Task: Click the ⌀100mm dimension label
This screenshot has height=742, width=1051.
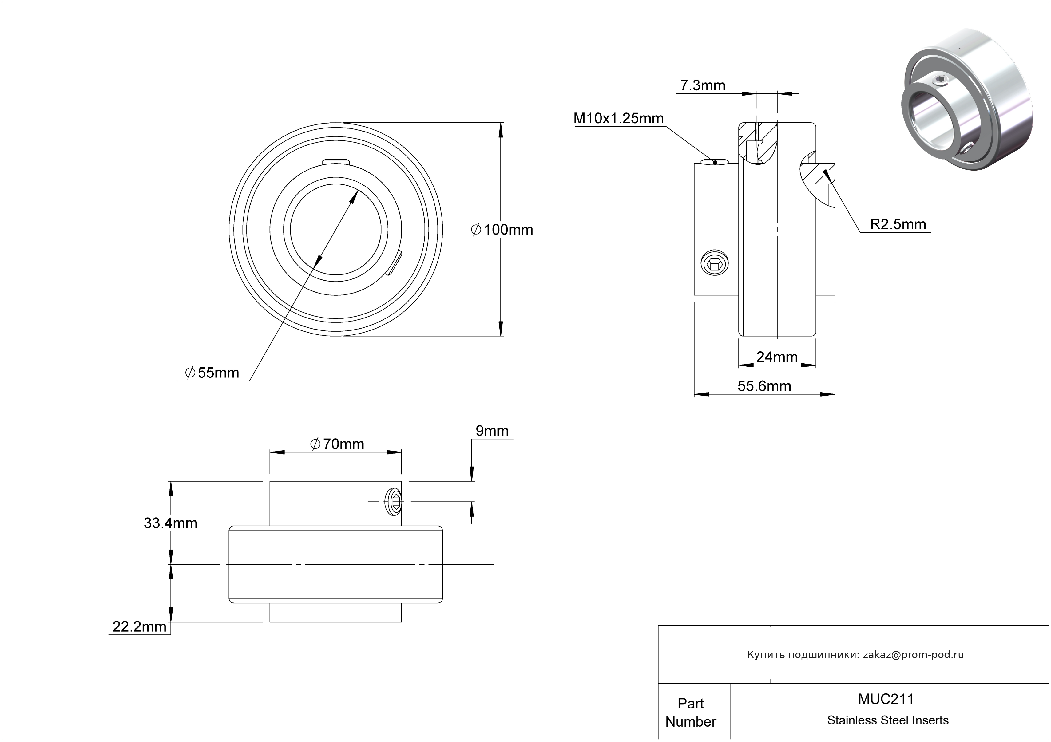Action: (502, 230)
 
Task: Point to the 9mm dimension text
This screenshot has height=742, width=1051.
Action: (492, 431)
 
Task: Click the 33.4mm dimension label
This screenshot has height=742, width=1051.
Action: (170, 523)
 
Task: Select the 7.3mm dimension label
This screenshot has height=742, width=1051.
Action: (703, 85)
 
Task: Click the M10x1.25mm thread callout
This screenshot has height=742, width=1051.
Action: (618, 118)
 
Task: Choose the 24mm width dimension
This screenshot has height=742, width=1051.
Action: (777, 357)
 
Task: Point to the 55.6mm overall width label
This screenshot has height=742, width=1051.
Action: (764, 386)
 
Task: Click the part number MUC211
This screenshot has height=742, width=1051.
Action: (886, 699)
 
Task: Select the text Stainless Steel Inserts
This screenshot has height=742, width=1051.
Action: (888, 720)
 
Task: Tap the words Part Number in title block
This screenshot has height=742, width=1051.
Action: (690, 712)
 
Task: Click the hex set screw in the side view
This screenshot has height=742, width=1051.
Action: (715, 263)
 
